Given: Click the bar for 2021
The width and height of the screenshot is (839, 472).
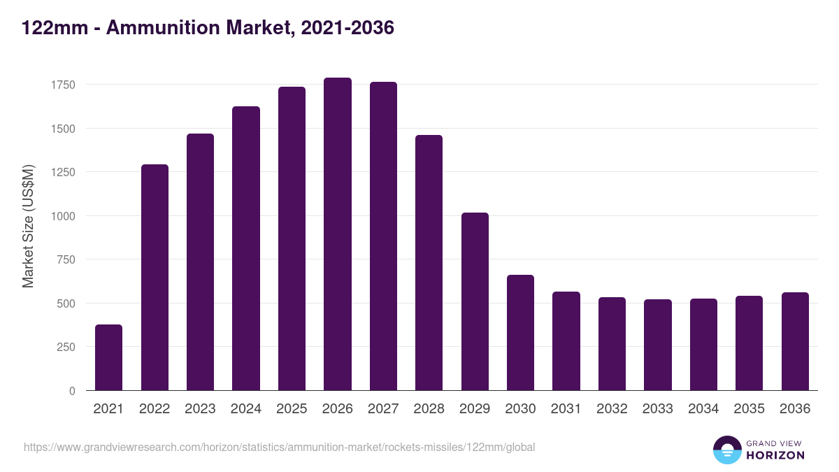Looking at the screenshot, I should coord(108,357).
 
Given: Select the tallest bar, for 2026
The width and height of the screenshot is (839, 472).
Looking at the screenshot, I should coord(337,234).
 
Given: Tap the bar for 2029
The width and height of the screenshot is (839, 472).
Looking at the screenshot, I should coord(475,301).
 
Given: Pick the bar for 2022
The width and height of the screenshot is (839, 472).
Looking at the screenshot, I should coord(155,278).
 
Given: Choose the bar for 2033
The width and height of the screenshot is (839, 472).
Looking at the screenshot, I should coord(657,345).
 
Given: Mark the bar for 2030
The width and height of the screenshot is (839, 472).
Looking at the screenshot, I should coord(520,333).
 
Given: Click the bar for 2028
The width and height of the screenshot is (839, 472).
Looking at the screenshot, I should coord(429,263).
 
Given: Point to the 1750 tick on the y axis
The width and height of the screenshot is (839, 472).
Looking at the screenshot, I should coord(63,85).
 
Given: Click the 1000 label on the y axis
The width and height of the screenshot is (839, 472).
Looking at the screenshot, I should coord(63,216).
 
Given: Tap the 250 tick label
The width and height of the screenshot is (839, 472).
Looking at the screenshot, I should coord(66,348).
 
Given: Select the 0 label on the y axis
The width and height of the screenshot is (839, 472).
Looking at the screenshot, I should coord(71,392).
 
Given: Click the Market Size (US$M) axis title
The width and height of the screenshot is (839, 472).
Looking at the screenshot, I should coord(28,225).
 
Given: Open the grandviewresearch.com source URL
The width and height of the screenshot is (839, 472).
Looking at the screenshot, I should coord(280,447).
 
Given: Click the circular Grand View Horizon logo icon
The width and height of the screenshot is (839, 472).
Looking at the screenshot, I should coord(726,450).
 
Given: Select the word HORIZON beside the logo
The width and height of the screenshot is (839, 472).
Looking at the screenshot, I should coord(775,455).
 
